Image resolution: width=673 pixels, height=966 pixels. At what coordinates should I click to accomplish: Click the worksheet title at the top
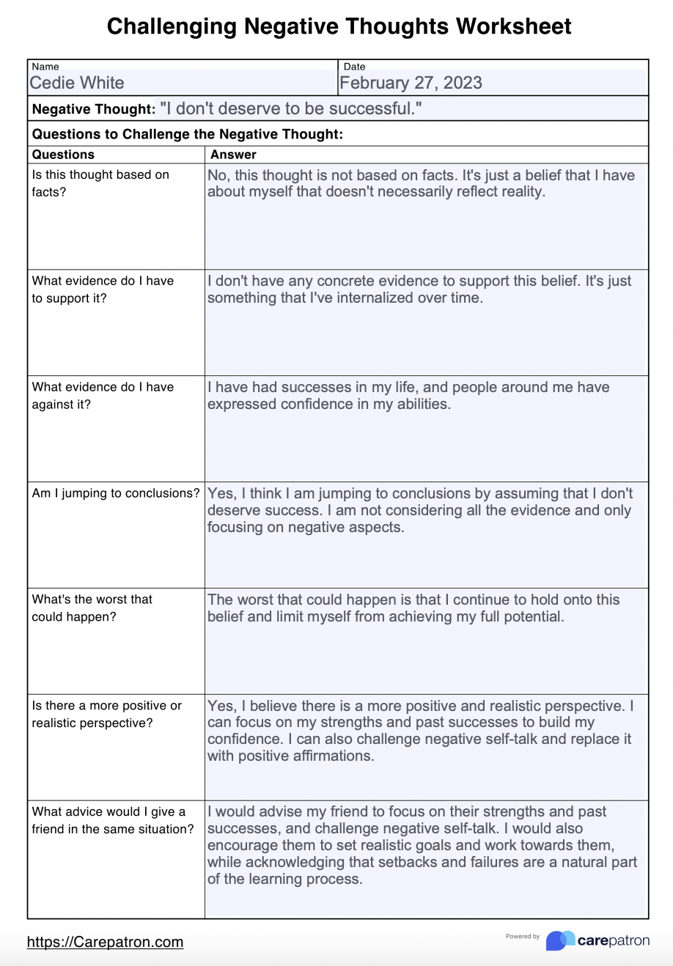coord(339,26)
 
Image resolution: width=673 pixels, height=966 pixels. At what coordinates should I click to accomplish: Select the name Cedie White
coord(77,83)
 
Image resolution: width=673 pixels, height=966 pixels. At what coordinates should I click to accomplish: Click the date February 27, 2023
coord(411,83)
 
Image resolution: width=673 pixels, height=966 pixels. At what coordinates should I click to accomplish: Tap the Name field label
coord(45,67)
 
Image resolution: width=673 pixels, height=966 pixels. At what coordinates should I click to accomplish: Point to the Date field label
coord(354,67)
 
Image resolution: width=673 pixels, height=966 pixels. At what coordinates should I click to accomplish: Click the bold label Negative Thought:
coord(93,109)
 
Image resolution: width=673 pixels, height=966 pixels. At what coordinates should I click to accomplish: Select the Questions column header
coord(63,155)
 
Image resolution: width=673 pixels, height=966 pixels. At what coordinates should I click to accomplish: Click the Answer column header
coord(233,155)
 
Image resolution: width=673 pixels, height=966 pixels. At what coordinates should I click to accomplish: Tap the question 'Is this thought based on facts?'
coord(100,183)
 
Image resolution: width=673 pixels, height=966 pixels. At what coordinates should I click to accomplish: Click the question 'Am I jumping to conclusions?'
coord(115,493)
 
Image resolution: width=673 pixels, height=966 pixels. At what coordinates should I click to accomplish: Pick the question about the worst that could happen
coord(92,608)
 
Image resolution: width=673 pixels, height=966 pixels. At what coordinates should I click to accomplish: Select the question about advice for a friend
coord(112,820)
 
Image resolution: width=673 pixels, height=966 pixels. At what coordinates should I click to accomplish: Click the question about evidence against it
coord(103,396)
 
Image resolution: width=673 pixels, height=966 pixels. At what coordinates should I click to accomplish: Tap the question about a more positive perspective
coord(106,714)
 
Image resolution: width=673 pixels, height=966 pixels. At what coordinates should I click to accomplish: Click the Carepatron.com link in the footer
coord(105,942)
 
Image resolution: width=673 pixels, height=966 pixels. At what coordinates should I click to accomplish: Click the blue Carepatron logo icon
coord(560,940)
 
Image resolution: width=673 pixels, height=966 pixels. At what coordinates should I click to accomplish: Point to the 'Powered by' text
coord(522,936)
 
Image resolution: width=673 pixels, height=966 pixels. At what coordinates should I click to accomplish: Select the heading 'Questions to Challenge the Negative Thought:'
coord(188,134)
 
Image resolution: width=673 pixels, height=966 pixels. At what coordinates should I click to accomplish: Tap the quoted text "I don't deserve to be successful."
coord(290,109)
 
